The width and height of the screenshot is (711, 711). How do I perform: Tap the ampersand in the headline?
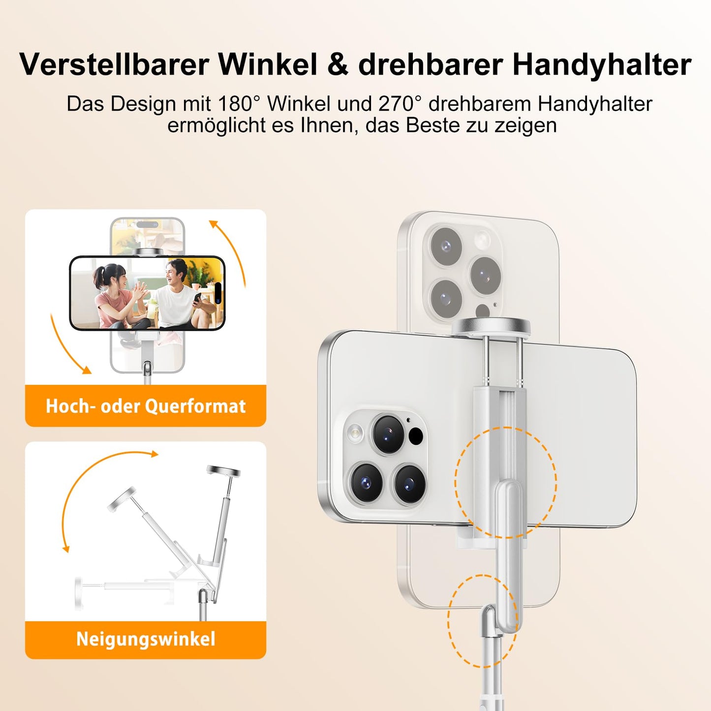tap(337, 65)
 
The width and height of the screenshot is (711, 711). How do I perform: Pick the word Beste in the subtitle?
tap(432, 125)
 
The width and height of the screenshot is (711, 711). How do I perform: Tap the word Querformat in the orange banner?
tap(195, 406)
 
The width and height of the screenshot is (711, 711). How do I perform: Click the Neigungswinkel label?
tap(146, 639)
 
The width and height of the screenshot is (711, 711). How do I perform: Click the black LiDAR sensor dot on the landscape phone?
tap(416, 436)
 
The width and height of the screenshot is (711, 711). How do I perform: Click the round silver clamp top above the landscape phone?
tap(492, 327)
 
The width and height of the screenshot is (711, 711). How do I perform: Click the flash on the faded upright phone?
tap(482, 240)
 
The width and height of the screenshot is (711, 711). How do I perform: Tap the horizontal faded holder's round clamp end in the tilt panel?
tap(79, 593)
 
